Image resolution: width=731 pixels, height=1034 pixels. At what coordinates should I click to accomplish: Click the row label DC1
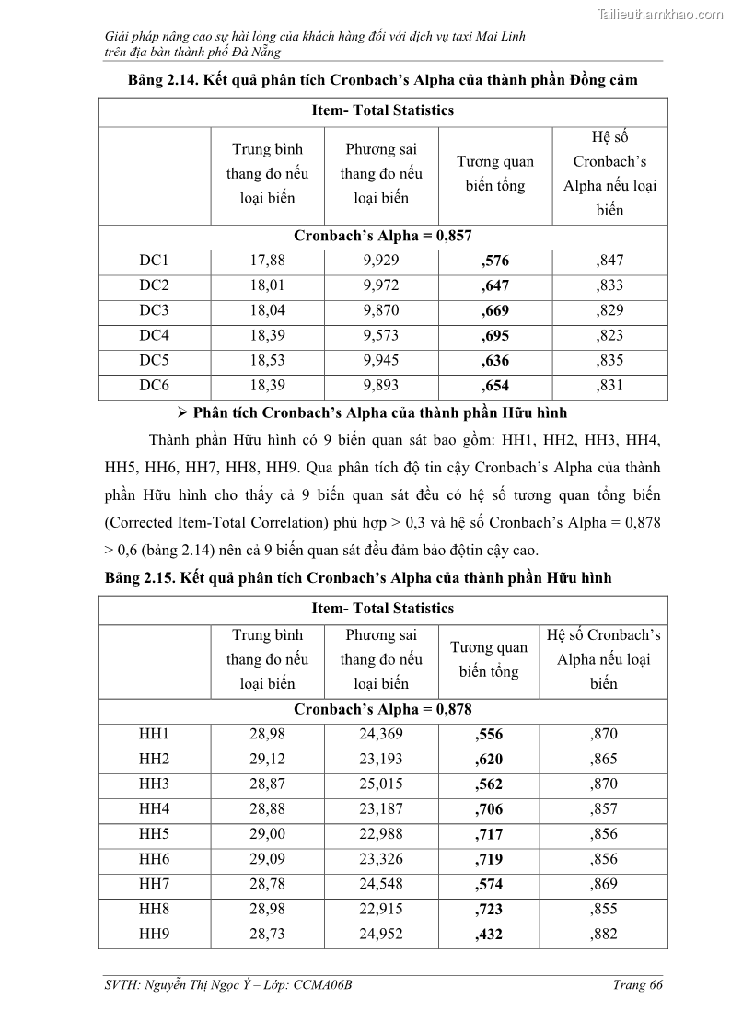(x=154, y=261)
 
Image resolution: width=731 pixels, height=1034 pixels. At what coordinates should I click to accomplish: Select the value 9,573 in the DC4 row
(x=381, y=335)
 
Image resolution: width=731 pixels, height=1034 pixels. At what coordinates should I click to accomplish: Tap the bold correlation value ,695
(x=494, y=336)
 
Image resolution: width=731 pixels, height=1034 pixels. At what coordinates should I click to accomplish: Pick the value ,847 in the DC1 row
(x=609, y=261)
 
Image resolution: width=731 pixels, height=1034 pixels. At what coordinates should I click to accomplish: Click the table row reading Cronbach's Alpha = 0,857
(x=382, y=236)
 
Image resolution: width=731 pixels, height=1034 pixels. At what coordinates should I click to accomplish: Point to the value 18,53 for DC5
(x=268, y=360)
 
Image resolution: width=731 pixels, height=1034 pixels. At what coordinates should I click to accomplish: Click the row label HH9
(x=154, y=934)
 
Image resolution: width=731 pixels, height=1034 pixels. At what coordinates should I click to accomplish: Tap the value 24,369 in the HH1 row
(x=381, y=734)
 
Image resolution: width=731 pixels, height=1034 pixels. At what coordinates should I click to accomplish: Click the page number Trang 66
(x=637, y=985)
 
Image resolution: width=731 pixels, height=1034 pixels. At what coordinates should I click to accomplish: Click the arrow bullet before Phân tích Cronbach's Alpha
(x=182, y=412)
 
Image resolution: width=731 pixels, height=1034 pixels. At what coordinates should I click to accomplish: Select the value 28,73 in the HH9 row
(x=268, y=934)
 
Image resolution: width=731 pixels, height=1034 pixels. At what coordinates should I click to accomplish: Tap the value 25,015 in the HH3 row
(x=381, y=784)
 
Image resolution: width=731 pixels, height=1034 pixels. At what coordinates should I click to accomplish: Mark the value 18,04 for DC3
(x=268, y=310)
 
